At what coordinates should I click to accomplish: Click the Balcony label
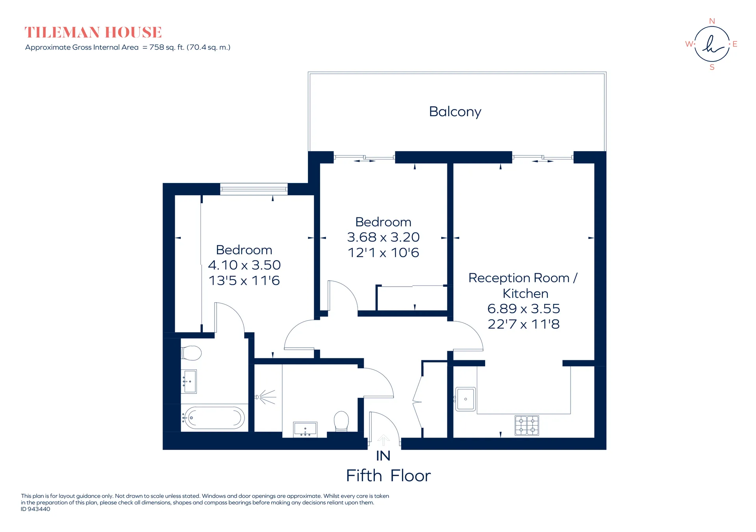tap(455, 112)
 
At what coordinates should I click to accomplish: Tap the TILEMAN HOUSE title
tap(93, 32)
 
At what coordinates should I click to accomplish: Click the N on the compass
tap(712, 21)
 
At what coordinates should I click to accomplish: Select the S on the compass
tap(712, 67)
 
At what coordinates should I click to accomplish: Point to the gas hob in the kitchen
tap(527, 425)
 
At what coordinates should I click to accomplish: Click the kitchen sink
tap(465, 399)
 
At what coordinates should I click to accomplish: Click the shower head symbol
tap(265, 397)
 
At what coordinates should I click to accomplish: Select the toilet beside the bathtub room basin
tap(191, 353)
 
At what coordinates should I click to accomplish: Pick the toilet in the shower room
tap(341, 421)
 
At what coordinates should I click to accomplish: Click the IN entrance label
tap(383, 456)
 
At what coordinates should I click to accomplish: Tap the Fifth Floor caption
tap(388, 476)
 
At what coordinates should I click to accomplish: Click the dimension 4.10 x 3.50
tap(244, 265)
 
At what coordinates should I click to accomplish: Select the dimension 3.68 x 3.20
tap(383, 237)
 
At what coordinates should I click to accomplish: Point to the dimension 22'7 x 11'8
tap(524, 324)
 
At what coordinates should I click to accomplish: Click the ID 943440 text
tap(35, 509)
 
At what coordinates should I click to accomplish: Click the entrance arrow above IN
tap(384, 440)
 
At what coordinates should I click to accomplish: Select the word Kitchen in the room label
tap(525, 294)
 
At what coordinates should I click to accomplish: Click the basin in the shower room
tap(305, 430)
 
